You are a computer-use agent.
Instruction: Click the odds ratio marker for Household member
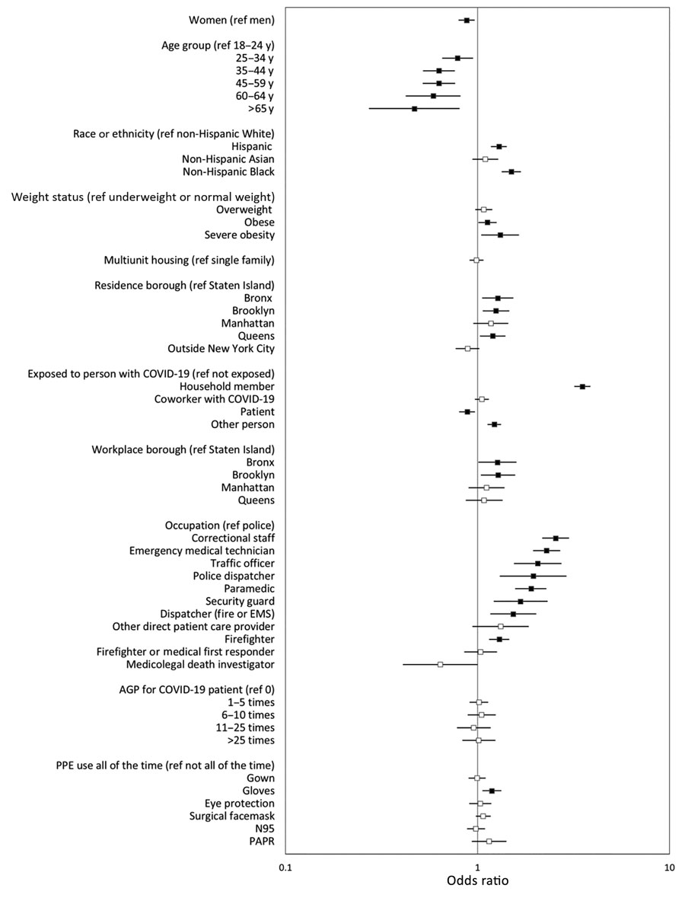point(582,387)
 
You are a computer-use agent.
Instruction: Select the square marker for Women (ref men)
point(467,20)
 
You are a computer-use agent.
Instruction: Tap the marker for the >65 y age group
point(414,108)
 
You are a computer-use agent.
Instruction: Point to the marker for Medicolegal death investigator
point(440,664)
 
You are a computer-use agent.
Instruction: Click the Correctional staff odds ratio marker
point(556,538)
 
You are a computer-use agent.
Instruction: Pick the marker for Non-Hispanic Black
point(511,172)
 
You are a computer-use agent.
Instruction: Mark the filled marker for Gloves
point(492,791)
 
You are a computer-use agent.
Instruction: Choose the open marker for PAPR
point(489,842)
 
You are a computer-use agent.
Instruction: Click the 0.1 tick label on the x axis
point(285,866)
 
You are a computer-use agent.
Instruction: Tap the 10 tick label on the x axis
point(668,866)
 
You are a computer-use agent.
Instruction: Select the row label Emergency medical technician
point(202,551)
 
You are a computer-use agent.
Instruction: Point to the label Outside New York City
point(221,349)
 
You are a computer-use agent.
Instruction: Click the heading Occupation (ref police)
point(220,526)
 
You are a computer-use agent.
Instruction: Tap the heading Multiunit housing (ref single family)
point(190,260)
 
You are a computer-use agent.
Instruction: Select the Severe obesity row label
point(240,235)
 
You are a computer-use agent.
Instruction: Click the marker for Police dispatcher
point(534,576)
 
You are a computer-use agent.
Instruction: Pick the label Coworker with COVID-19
point(215,399)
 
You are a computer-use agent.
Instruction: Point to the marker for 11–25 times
point(473,727)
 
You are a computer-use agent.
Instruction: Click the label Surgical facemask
point(232,816)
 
